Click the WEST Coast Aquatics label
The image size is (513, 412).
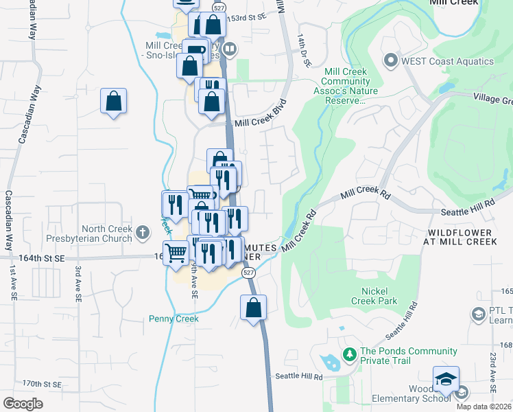tap(448, 60)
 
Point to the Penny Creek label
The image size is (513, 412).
tap(174, 319)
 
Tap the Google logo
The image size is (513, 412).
tap(23, 404)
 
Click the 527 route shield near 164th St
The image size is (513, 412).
tap(248, 273)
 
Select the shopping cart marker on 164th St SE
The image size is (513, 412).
tap(176, 253)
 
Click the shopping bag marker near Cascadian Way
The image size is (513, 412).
tap(113, 102)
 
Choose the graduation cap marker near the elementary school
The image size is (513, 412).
tap(446, 378)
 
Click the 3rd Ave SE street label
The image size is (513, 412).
tap(78, 282)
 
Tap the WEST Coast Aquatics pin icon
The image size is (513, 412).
tap(392, 60)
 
